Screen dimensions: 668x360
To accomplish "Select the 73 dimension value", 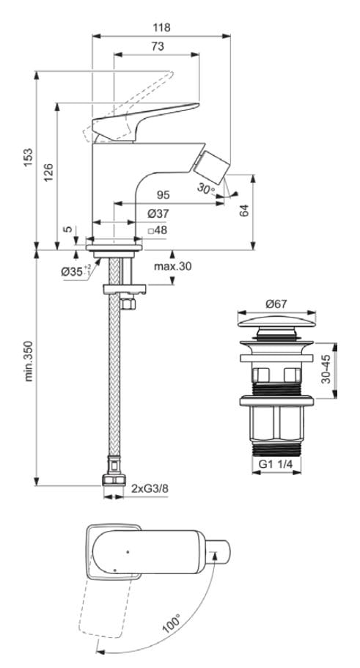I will pyautogui.click(x=158, y=46).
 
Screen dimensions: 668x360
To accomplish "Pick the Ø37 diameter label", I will pyautogui.click(x=158, y=213).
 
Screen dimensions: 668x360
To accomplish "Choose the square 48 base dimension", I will pyautogui.click(x=158, y=230).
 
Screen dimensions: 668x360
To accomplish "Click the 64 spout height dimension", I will pyautogui.click(x=246, y=210).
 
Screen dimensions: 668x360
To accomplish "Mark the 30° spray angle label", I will pyautogui.click(x=207, y=188).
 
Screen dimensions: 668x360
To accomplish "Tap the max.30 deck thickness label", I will pyautogui.click(x=172, y=266).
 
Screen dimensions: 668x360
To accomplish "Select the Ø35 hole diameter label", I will pyautogui.click(x=75, y=271).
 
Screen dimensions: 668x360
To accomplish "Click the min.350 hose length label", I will pyautogui.click(x=29, y=359).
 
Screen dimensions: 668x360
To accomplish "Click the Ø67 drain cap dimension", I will pyautogui.click(x=276, y=303).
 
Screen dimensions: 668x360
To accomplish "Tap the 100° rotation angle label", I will pyautogui.click(x=172, y=625).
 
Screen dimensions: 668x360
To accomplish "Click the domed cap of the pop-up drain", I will pyautogui.click(x=276, y=323).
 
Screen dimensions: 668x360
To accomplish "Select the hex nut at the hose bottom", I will pyautogui.click(x=114, y=480).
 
